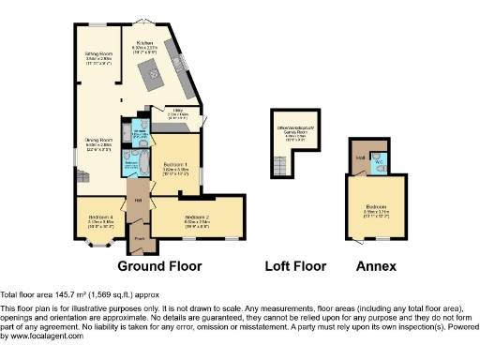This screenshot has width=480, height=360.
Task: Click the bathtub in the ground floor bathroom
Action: [131, 170]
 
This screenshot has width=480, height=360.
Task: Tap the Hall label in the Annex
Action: [359, 157]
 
